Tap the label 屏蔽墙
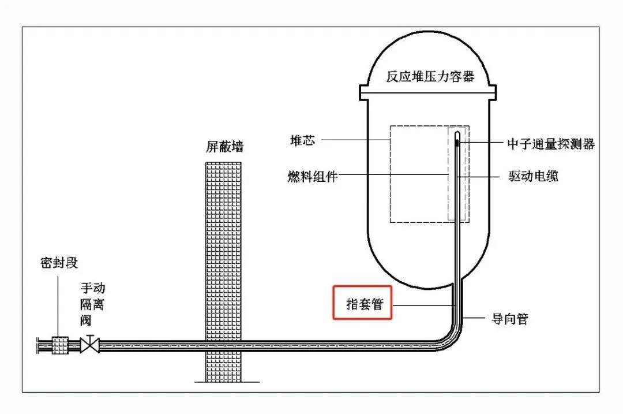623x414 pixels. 224,147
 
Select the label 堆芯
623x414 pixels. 302,140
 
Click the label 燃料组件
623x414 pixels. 312,176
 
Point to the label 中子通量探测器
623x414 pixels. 550,144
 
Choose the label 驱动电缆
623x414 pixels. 532,176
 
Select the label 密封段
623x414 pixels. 59,263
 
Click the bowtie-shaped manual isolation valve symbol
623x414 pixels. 89,345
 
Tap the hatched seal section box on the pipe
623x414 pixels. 60,345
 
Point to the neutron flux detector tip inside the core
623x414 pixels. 457,141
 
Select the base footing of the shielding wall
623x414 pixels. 225,382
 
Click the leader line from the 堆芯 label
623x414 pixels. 355,140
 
